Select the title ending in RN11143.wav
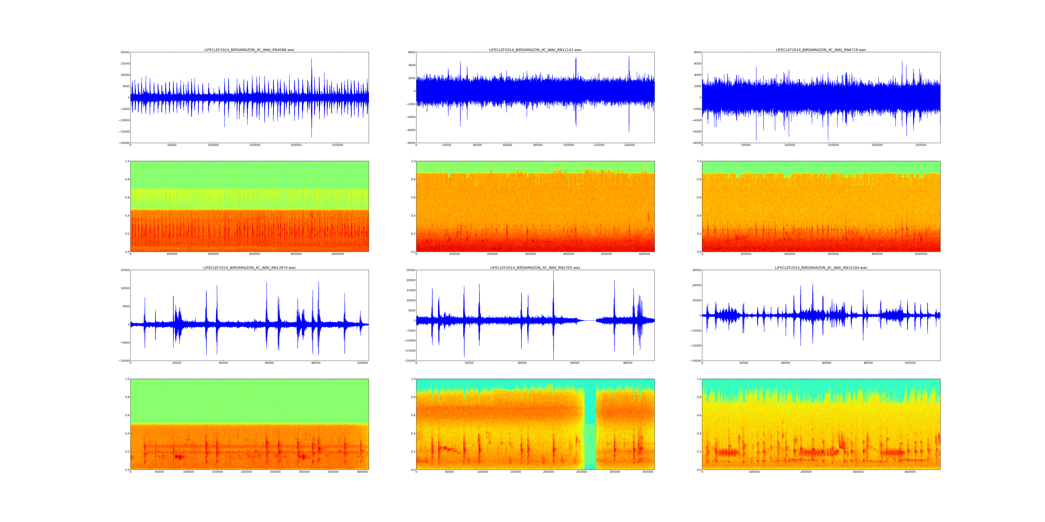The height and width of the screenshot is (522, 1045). pos(535,50)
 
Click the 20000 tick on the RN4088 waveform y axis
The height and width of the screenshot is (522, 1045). pos(124,52)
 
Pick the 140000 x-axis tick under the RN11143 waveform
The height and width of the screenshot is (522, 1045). pos(629,145)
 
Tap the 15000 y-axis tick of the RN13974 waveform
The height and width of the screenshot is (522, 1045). pos(124,270)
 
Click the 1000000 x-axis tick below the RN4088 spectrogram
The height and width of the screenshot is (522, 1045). pos(338,254)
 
